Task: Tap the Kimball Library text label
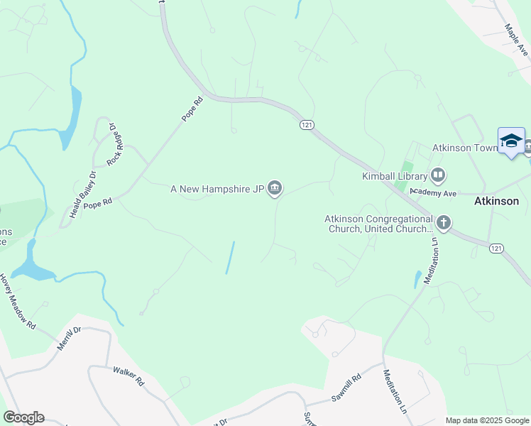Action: point(395,175)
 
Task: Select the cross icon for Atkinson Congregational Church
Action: point(444,224)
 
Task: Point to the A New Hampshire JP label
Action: point(217,190)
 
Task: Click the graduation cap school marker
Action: point(511,141)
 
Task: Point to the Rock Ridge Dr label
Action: point(113,145)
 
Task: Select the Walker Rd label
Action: point(128,376)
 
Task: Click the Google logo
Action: point(23,417)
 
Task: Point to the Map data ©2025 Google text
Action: point(488,420)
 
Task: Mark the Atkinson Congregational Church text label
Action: point(379,224)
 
